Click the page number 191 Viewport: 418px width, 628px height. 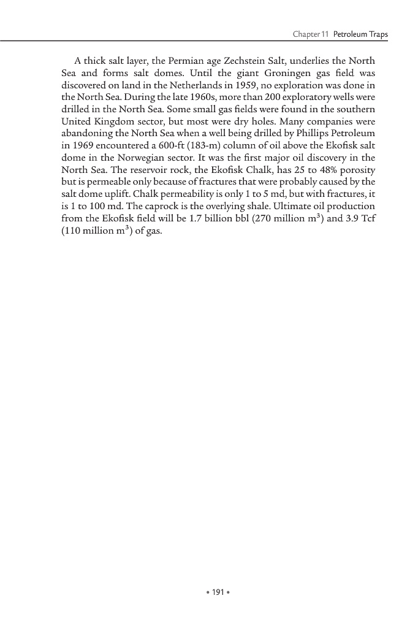(209, 593)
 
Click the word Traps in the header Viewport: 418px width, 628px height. (376, 34)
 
